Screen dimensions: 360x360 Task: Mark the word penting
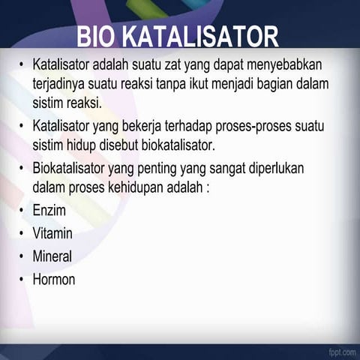(175, 166)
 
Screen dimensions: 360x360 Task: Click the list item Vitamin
(52, 232)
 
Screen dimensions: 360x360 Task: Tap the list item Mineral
(52, 256)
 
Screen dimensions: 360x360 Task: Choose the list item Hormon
(53, 280)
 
